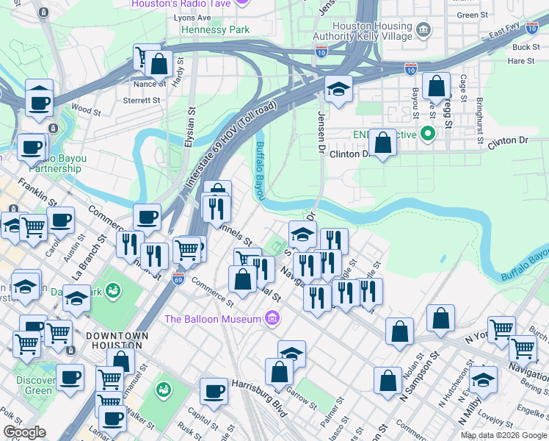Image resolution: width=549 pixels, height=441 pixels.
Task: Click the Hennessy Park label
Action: click(x=216, y=30)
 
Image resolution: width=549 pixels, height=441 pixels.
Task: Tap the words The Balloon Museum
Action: click(x=213, y=319)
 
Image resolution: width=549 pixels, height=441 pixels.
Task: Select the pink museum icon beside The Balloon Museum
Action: click(x=272, y=318)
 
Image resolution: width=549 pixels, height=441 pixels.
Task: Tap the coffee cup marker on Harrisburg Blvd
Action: click(x=214, y=391)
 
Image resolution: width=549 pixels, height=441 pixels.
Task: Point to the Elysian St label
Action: click(x=190, y=129)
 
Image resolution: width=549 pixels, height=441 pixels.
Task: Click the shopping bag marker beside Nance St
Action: click(x=159, y=64)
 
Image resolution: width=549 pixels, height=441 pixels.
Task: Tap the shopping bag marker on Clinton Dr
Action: click(x=383, y=142)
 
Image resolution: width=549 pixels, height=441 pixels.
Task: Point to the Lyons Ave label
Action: click(x=192, y=17)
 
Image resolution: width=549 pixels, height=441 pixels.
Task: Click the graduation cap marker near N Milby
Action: click(x=483, y=381)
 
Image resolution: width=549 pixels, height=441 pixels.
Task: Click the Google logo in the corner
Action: click(x=24, y=432)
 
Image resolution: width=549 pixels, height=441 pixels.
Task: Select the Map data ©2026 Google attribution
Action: click(x=503, y=435)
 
